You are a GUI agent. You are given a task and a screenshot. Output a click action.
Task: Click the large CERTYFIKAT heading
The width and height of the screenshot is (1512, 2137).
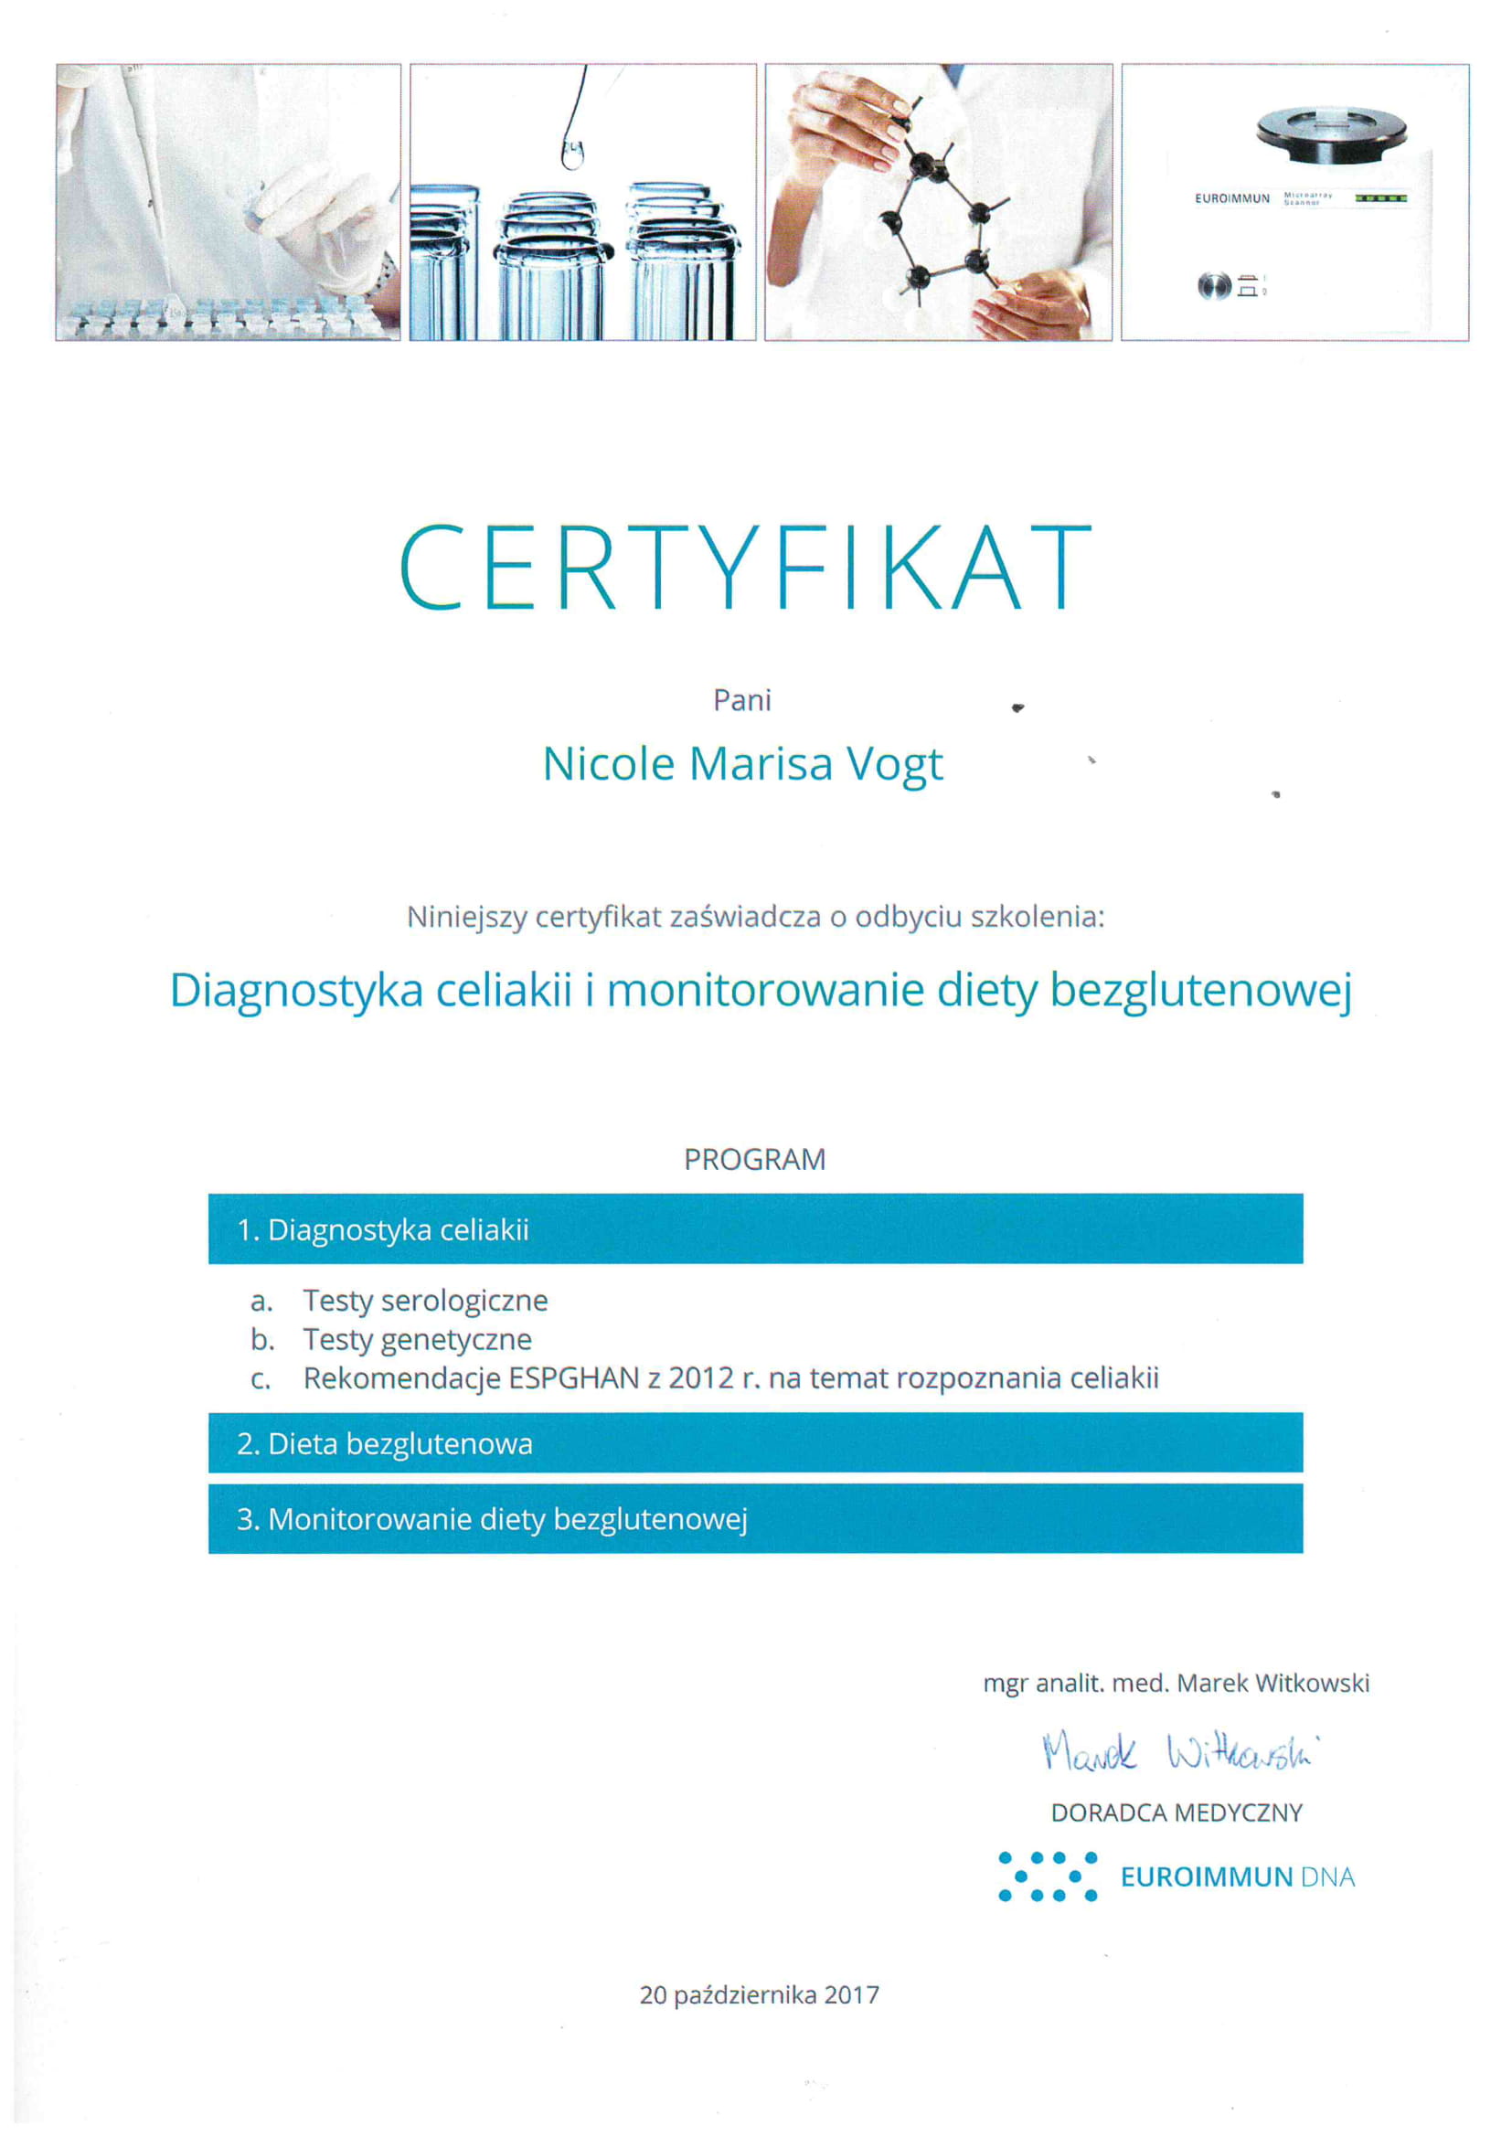pos(745,567)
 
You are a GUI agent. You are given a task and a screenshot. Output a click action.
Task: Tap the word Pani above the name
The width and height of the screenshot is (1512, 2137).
pos(742,700)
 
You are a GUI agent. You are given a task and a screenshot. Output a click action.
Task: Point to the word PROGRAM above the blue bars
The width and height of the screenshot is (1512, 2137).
pos(754,1159)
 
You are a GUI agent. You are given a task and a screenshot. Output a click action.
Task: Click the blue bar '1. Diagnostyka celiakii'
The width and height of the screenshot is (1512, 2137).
pos(755,1229)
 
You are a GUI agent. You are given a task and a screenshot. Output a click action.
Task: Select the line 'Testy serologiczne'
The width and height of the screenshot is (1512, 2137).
pos(425,1301)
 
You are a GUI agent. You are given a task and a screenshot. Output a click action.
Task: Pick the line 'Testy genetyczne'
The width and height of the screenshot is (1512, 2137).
pos(417,1339)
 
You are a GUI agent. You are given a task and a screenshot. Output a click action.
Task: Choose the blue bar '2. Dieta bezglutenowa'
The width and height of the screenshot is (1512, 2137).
pos(755,1443)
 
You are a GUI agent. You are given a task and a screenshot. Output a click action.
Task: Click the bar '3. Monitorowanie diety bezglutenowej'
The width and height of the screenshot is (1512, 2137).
pos(755,1519)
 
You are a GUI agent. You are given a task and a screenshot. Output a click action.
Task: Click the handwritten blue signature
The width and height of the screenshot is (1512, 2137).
pos(1177,1752)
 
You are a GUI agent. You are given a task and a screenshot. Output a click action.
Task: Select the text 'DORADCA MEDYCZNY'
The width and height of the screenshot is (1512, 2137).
pos(1176,1813)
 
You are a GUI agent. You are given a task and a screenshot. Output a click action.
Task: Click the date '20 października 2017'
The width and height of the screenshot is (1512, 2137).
pos(759,1994)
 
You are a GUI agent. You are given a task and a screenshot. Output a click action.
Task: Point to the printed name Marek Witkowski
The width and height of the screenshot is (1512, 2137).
pos(1272,1683)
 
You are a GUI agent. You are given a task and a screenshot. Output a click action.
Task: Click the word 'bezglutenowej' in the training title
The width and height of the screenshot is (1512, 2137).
pos(1200,990)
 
